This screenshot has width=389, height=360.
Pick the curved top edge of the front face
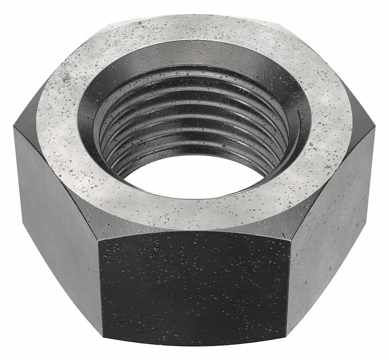click(x=195, y=231)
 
